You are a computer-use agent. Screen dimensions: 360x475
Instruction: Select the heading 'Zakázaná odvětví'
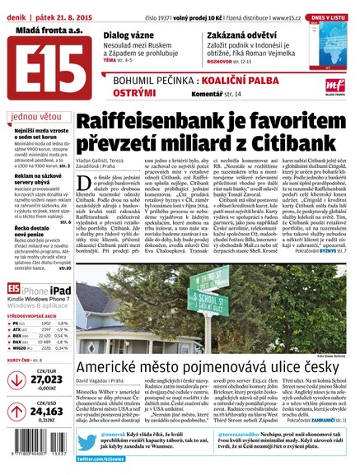tap(248, 36)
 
